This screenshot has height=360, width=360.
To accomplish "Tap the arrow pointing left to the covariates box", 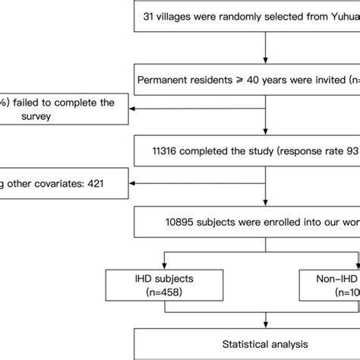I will point(134,182).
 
